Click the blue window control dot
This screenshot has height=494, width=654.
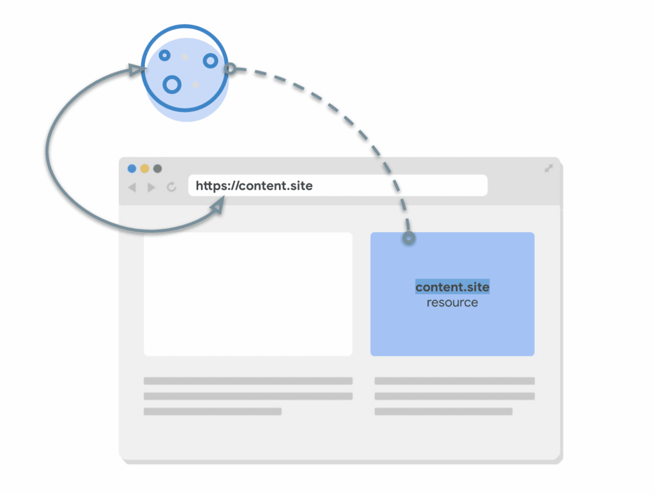[132, 169]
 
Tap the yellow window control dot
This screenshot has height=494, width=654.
[145, 169]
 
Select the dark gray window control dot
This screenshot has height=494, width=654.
[158, 169]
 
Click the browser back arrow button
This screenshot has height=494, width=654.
[132, 187]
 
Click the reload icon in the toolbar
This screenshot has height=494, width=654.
[171, 187]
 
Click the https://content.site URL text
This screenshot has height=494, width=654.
[254, 186]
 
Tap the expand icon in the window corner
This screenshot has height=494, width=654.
[548, 168]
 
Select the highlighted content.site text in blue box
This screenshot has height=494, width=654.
[452, 287]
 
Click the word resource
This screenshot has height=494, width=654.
[452, 302]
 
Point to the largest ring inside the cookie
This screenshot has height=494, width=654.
[172, 84]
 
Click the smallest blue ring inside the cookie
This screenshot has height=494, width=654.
[164, 56]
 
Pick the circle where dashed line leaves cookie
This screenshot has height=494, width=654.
[231, 68]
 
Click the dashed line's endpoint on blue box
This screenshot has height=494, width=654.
[409, 238]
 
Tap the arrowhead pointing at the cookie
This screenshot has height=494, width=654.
[135, 70]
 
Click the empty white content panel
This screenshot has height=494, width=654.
[248, 294]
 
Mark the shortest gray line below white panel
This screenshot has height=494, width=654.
[212, 412]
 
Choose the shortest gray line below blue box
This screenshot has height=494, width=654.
[443, 412]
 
